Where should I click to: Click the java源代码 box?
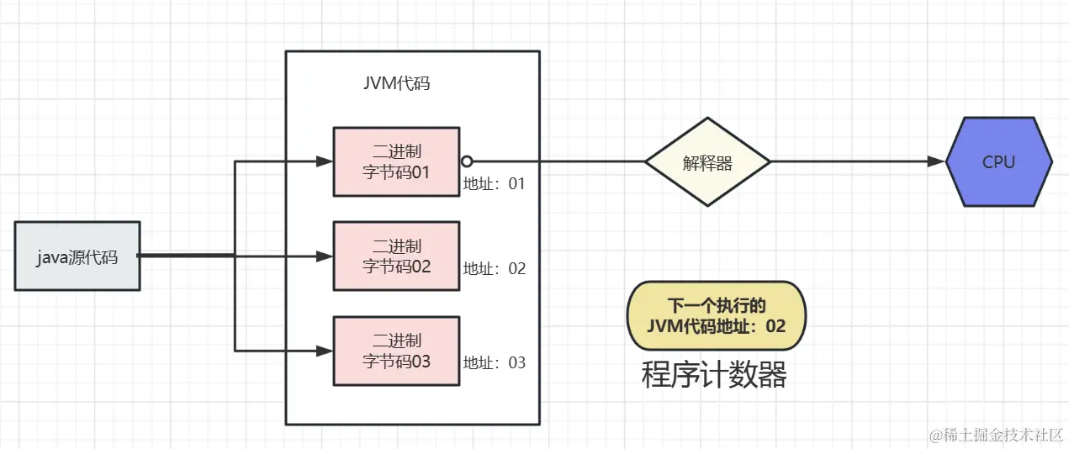pyautogui.click(x=77, y=256)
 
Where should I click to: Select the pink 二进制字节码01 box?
pyautogui.click(x=396, y=161)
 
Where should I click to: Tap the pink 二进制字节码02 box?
pyautogui.click(x=396, y=256)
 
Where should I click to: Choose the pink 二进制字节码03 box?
pyautogui.click(x=396, y=351)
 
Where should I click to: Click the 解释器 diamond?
pyautogui.click(x=707, y=162)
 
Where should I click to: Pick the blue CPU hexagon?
pyautogui.click(x=998, y=162)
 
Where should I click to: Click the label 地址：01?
pyautogui.click(x=494, y=183)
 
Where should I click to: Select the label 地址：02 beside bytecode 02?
pyautogui.click(x=494, y=269)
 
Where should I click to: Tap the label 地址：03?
pyautogui.click(x=494, y=363)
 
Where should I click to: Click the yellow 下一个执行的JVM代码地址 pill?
pyautogui.click(x=717, y=315)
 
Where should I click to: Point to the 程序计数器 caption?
pyautogui.click(x=714, y=375)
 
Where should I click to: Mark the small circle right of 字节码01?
pyautogui.click(x=467, y=161)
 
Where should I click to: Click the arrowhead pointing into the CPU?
pyautogui.click(x=936, y=162)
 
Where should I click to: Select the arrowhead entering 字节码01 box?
pyautogui.click(x=325, y=161)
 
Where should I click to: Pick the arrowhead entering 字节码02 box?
pyautogui.click(x=325, y=256)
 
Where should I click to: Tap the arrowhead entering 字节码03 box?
pyautogui.click(x=325, y=350)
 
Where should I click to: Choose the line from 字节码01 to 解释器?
pyautogui.click(x=555, y=161)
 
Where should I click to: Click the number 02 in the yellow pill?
pyautogui.click(x=775, y=325)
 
